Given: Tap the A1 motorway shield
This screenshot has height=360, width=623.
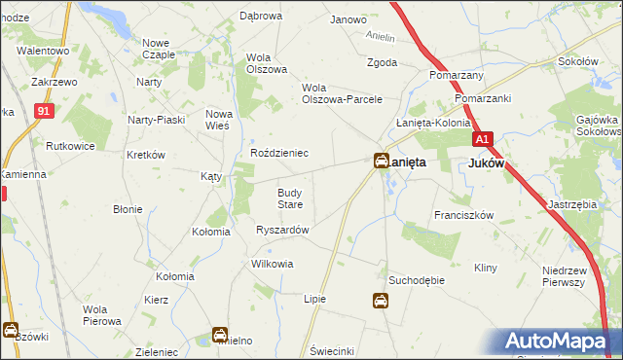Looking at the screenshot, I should click(x=485, y=138).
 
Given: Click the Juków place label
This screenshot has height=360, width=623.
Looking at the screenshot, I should click(x=487, y=163).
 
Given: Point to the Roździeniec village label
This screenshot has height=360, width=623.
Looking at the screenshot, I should click(x=279, y=153).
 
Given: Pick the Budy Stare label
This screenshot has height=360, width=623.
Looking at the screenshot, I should click(x=291, y=198).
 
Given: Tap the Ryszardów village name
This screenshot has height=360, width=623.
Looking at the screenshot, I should click(x=282, y=230).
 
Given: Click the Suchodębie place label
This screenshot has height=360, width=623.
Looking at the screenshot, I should click(x=417, y=280).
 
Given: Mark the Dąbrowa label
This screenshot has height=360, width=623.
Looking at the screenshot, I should click(x=260, y=17).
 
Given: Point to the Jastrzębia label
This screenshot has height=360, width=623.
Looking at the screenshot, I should click(x=571, y=205).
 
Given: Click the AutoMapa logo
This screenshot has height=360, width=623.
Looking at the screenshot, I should click(x=561, y=341).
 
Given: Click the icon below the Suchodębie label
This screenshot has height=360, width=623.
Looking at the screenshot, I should click(x=380, y=302).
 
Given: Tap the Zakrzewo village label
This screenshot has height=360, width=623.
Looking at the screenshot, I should click(x=55, y=83).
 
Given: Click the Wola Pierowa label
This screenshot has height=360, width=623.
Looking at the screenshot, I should click(x=101, y=314).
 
